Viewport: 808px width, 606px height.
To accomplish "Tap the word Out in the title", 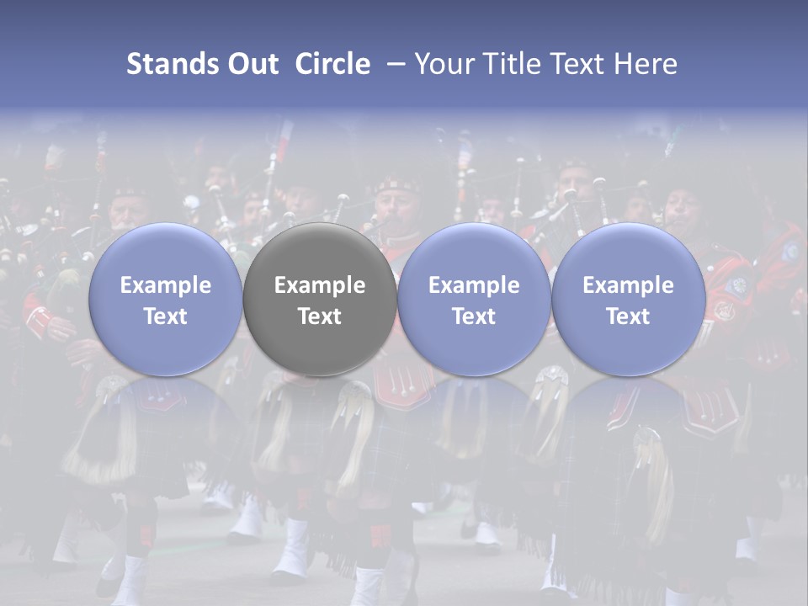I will [252, 64].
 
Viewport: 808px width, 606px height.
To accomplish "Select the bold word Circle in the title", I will [332, 64].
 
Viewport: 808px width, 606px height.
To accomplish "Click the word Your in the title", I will [444, 64].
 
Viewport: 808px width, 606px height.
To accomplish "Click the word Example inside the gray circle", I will [320, 285].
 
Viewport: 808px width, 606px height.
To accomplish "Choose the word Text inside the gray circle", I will [320, 316].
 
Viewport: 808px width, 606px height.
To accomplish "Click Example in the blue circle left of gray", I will [166, 285].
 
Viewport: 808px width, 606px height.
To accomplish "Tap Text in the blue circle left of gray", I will [166, 316].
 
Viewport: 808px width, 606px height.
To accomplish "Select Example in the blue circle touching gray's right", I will [474, 285].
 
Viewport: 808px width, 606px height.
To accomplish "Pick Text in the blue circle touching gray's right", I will [474, 316].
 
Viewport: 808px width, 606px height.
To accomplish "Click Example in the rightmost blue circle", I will [628, 285].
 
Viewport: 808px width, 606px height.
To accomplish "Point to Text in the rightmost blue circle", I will [628, 316].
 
